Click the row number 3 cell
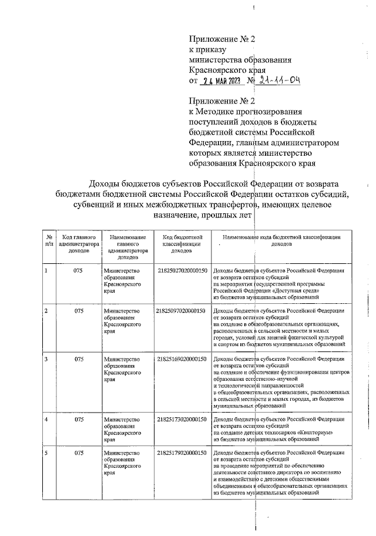(46, 358)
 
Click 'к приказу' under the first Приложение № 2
(203, 50)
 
